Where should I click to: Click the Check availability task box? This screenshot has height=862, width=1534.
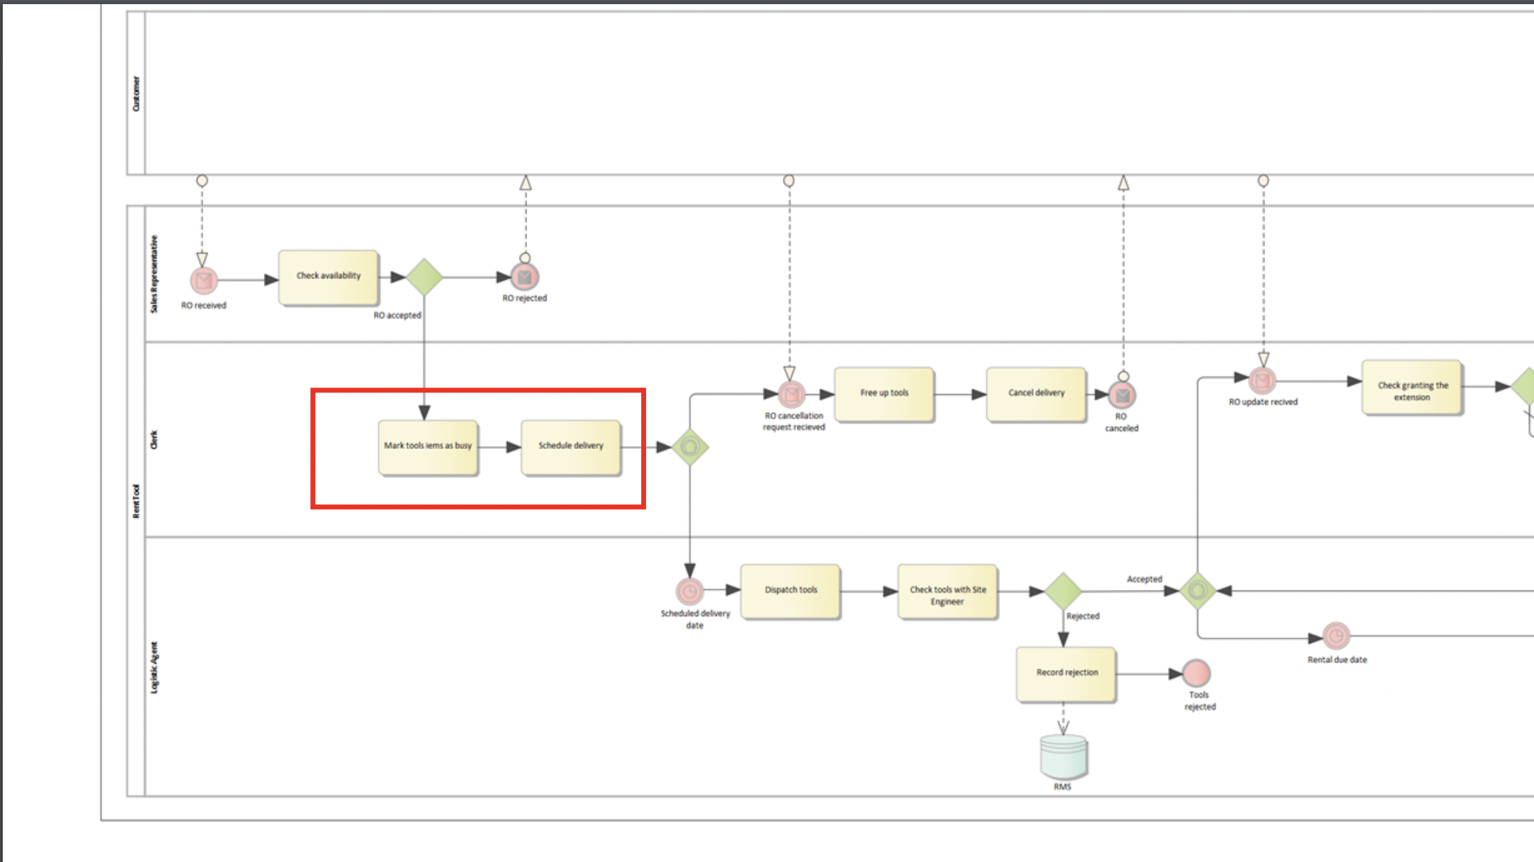328,277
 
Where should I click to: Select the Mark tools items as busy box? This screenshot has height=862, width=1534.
428,447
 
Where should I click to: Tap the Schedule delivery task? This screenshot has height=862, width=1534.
571,447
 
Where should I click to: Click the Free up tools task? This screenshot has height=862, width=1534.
884,394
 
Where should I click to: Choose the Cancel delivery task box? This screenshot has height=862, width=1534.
1036,394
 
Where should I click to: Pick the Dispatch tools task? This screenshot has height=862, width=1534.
790,591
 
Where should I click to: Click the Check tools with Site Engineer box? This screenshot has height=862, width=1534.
947,592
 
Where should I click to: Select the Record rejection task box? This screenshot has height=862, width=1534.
1066,673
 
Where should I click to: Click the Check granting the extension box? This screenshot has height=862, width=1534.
1412,387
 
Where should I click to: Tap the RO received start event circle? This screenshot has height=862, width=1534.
204,280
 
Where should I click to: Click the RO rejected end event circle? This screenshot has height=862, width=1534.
525,278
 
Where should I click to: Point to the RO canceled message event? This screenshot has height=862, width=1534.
1122,395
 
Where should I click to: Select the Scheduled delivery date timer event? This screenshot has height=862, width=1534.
690,591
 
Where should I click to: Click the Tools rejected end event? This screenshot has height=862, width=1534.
1196,673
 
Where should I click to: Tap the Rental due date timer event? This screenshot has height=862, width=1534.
1336,635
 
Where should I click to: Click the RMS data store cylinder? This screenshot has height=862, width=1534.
1063,756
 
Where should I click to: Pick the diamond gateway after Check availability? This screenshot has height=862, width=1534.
424,277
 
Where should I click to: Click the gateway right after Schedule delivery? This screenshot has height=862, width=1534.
690,447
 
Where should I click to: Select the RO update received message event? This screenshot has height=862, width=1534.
1262,380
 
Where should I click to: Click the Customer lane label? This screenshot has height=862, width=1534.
136,93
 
